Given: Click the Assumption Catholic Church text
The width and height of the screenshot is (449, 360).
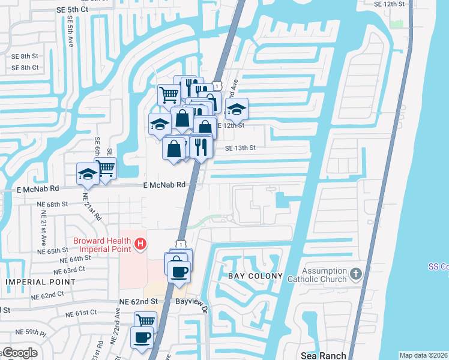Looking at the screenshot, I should tap(325, 275).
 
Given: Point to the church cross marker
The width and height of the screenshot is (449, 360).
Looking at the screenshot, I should tap(355, 275).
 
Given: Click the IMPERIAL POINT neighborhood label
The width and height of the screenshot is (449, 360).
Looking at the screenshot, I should tap(34, 281).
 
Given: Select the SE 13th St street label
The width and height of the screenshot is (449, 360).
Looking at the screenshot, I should tap(241, 148).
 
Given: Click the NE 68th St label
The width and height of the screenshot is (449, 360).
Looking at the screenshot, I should tap(52, 205).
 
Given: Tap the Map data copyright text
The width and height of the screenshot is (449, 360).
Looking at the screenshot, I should tap(423, 355).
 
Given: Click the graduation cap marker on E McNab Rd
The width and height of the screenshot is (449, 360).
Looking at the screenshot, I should tap(88, 173).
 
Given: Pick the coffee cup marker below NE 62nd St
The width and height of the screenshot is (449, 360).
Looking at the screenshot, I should tap(142, 337).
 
